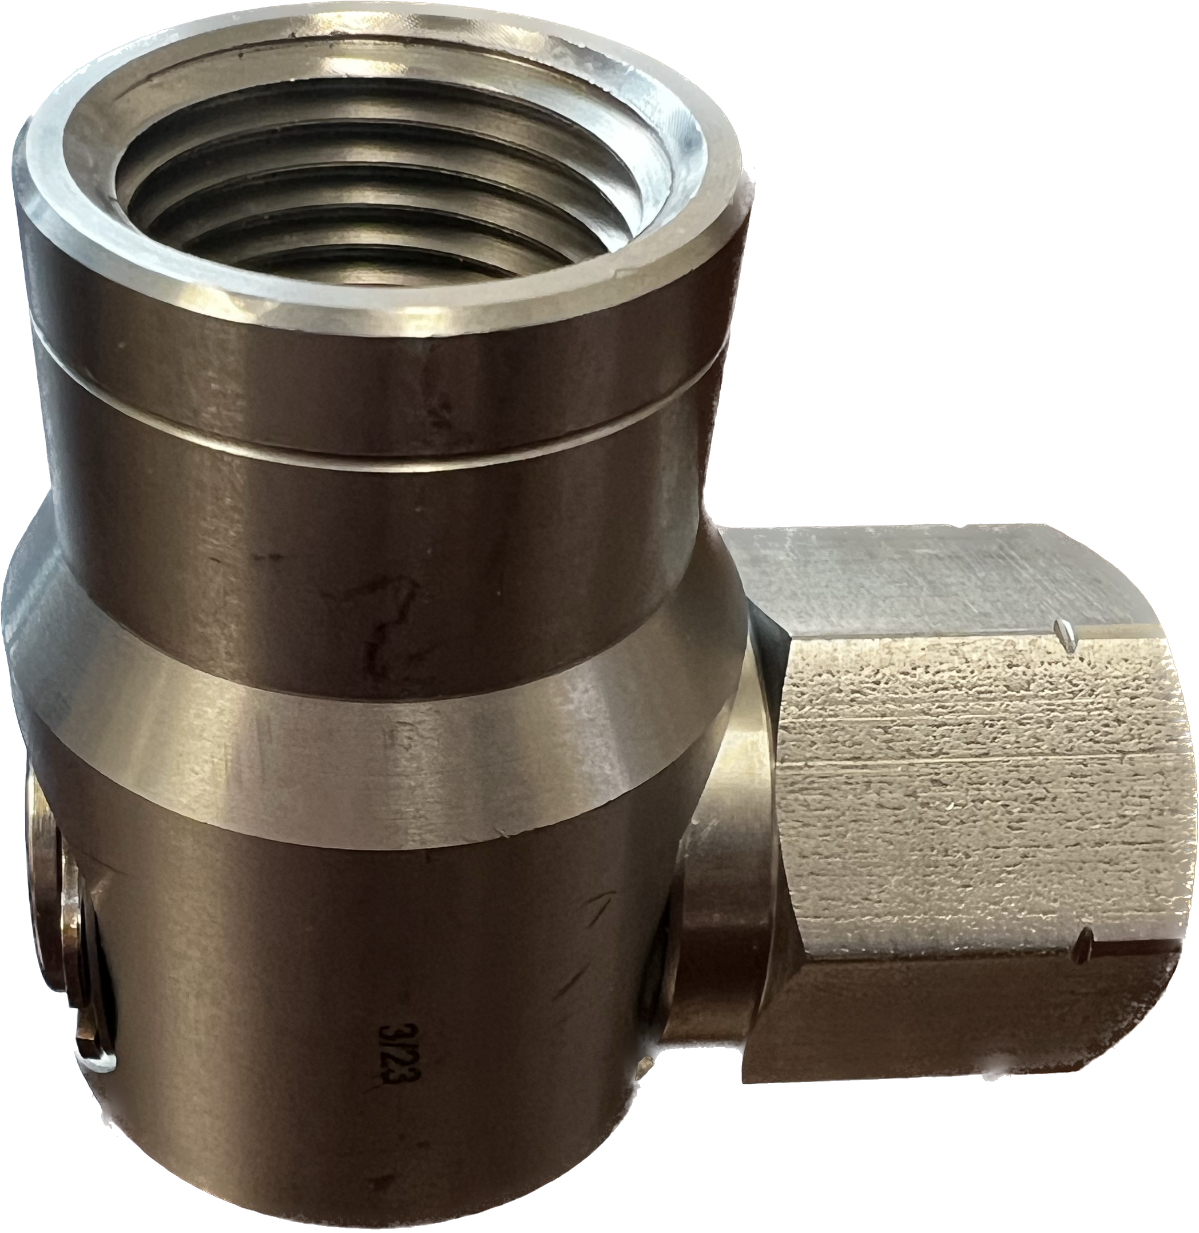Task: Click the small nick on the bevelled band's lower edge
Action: tap(504, 836)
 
